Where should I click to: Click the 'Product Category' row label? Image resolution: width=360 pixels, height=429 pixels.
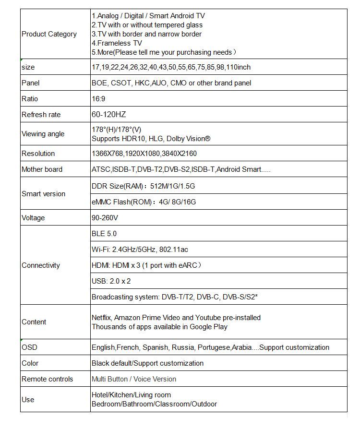(x=49, y=34)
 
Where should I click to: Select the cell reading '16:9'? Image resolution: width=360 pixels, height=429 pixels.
(x=98, y=99)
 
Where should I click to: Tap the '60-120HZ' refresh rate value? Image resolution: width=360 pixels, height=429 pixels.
(x=108, y=115)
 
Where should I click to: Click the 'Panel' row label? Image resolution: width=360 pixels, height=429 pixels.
(x=31, y=83)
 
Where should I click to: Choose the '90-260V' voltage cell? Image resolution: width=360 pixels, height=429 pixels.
(x=105, y=218)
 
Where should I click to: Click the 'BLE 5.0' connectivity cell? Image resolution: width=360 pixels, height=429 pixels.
(x=104, y=234)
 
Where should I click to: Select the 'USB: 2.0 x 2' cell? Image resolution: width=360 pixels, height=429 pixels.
(x=111, y=281)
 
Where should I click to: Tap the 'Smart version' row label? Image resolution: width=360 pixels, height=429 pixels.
(x=43, y=194)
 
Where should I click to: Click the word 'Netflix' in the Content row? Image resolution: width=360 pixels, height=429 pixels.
(x=102, y=318)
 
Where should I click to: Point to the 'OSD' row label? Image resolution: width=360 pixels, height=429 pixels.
(x=29, y=347)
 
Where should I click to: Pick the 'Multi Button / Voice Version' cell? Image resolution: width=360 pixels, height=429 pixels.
(x=134, y=379)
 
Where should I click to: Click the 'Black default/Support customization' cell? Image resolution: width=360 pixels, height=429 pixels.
(x=147, y=363)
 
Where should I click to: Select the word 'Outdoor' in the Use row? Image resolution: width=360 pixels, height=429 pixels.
(x=204, y=404)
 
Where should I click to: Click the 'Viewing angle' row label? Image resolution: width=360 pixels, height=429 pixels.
(x=43, y=134)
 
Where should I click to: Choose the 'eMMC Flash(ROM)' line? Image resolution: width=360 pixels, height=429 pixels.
(x=144, y=202)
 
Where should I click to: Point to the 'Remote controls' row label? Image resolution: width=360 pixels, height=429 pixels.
(x=48, y=379)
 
